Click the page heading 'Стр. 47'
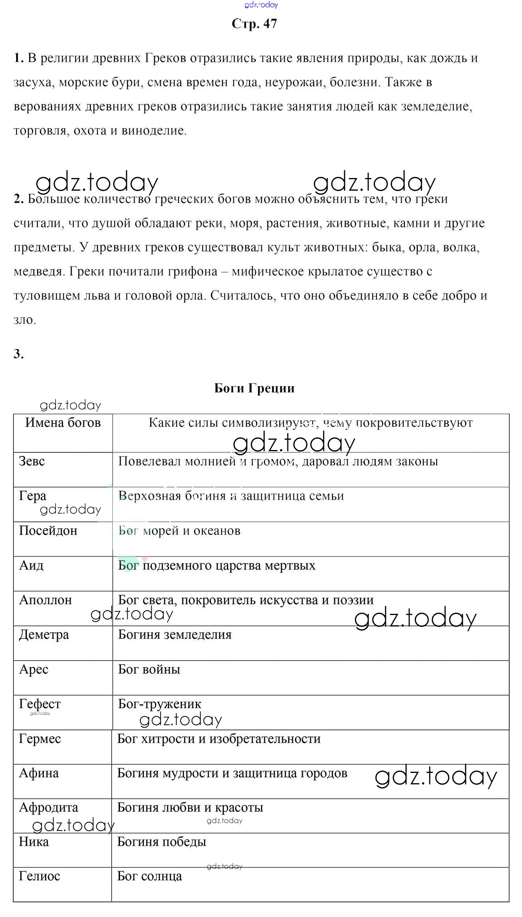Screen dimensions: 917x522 [x=254, y=24]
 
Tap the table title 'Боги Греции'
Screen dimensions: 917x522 [x=254, y=388]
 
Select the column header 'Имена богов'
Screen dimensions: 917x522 [x=63, y=422]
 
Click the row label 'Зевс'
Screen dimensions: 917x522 [x=32, y=461]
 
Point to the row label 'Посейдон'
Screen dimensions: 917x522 [x=48, y=531]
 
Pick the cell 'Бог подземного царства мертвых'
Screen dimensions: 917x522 [x=217, y=565]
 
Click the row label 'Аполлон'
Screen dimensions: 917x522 [x=46, y=600]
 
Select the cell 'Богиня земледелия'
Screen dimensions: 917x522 [x=175, y=635]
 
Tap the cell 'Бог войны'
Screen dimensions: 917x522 [x=149, y=669]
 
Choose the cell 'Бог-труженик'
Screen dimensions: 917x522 [x=160, y=704]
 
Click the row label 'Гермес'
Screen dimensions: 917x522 [x=40, y=739]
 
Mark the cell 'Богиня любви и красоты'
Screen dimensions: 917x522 [x=190, y=808]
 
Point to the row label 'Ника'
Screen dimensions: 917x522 [x=34, y=842]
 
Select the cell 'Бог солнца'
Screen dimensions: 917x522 [x=149, y=876]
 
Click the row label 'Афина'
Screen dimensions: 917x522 [x=39, y=773]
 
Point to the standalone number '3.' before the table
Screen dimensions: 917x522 [x=19, y=354]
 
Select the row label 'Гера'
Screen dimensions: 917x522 [x=33, y=496]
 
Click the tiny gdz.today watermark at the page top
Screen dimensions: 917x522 [x=261, y=5]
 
